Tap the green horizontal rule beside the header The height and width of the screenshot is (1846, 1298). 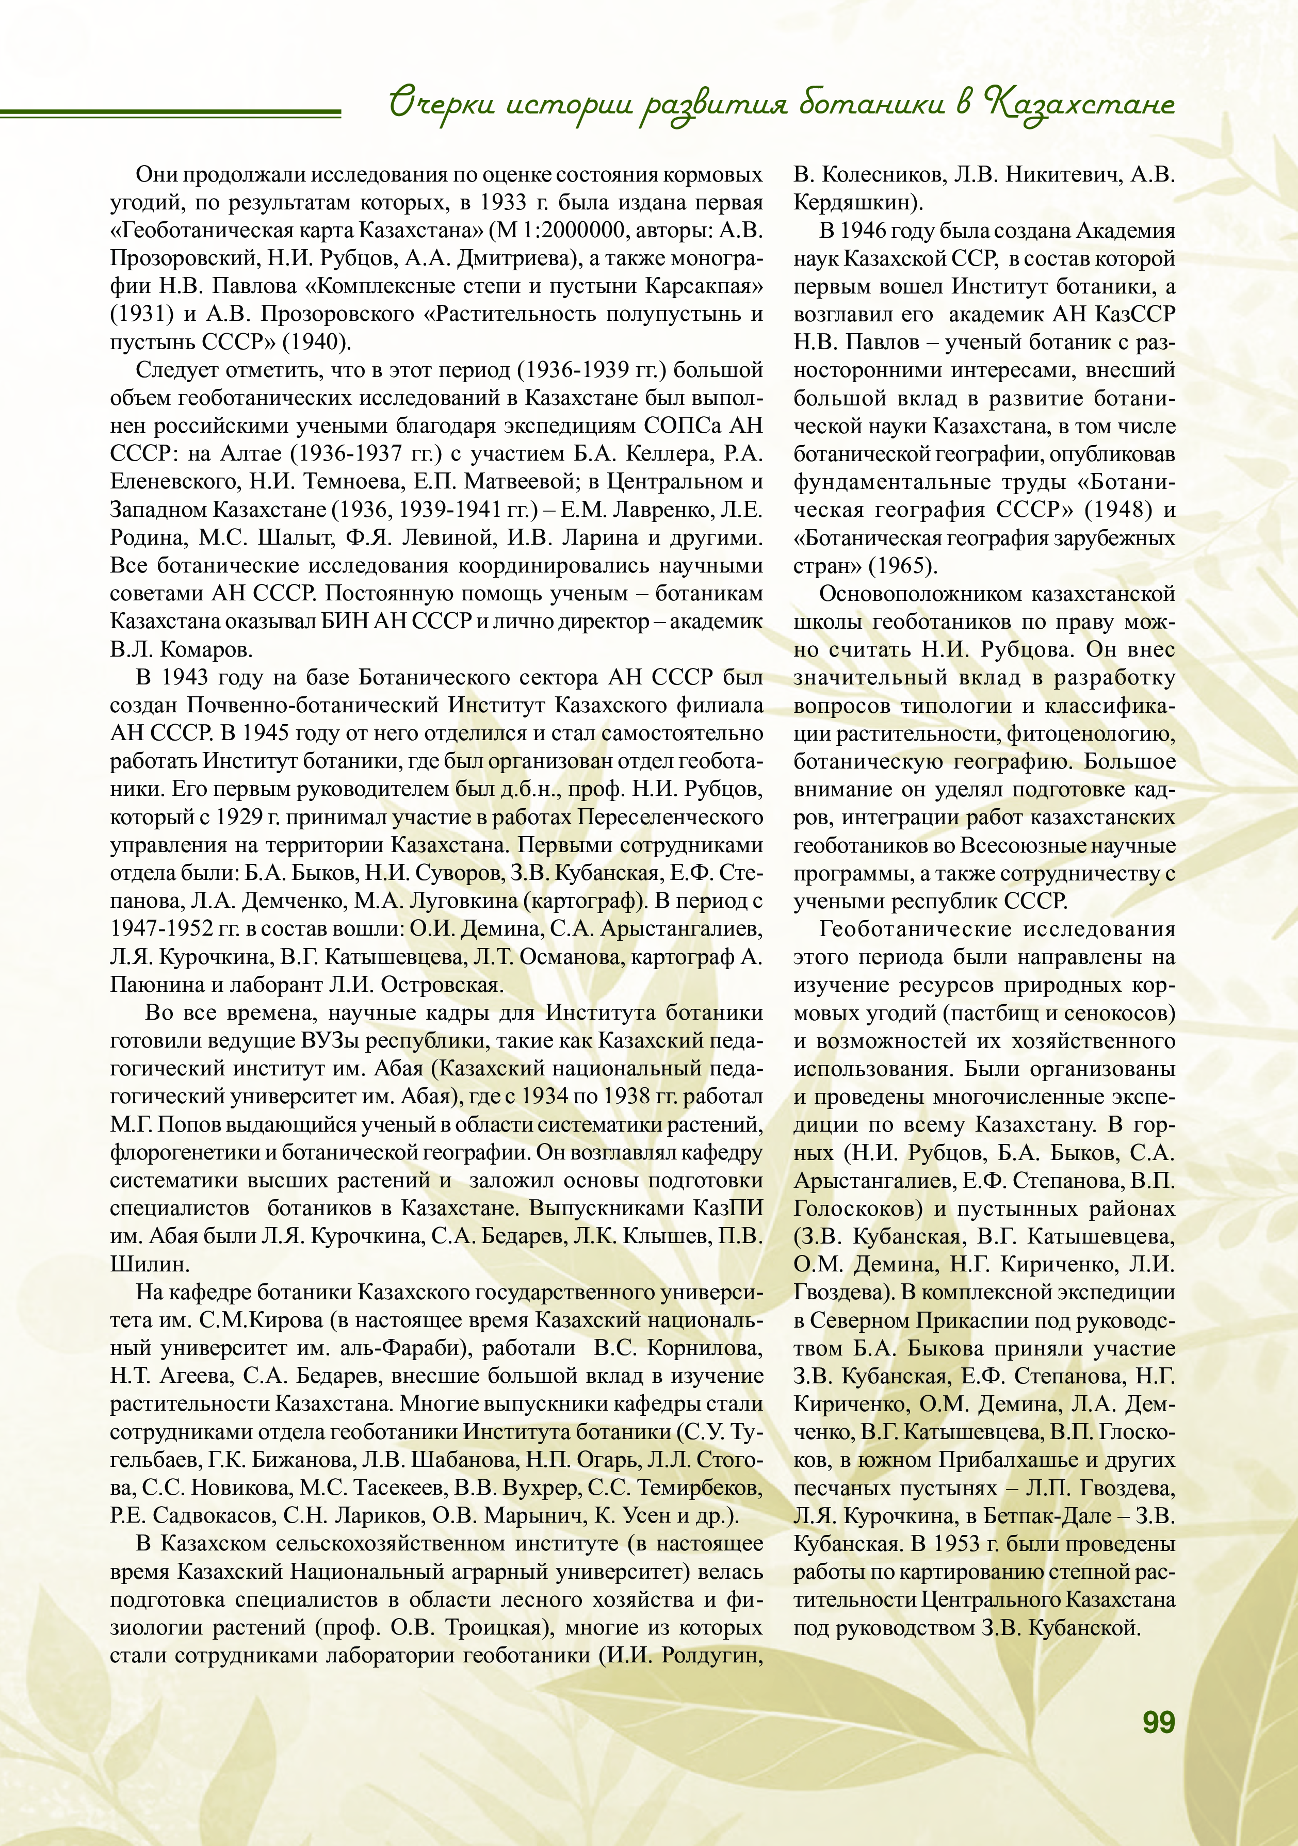tap(170, 112)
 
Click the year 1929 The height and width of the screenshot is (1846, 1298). tap(240, 817)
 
